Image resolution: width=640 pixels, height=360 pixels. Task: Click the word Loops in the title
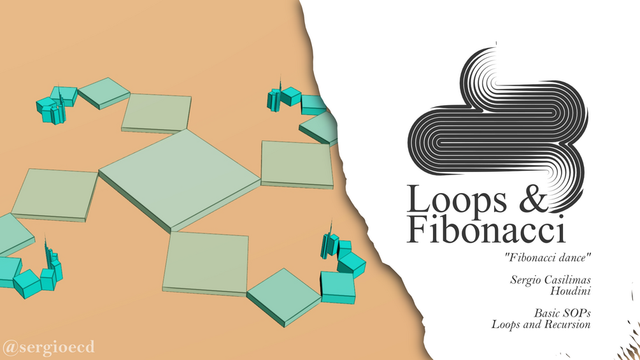coord(457,200)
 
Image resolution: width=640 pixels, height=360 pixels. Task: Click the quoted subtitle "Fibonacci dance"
coord(548,257)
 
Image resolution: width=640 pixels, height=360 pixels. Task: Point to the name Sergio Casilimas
coord(550,280)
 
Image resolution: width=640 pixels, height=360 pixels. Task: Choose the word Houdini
coord(570,291)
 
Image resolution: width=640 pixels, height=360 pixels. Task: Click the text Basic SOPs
coord(562,313)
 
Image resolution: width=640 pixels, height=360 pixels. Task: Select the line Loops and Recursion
coord(541,324)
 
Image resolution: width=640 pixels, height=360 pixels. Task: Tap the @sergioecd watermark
coord(48,347)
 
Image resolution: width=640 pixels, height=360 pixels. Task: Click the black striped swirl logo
coord(498,122)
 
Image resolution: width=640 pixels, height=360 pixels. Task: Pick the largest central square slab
coord(180,180)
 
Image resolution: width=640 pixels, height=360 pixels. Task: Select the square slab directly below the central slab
coord(206,264)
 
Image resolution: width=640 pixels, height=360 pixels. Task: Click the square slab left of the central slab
coord(55,195)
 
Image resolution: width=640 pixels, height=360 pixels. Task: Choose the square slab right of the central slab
coord(297,165)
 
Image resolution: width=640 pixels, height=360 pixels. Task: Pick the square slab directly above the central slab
coord(157,113)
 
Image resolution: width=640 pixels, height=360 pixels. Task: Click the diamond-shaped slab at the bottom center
coord(284,297)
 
